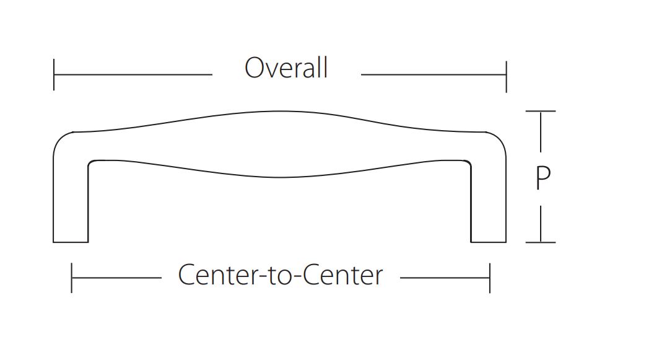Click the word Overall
click(x=286, y=68)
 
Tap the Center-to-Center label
click(x=281, y=275)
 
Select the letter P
click(x=543, y=179)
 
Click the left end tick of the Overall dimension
click(x=54, y=75)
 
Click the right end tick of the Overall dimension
click(x=506, y=75)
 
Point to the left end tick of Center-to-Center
click(x=72, y=278)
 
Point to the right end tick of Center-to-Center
click(x=490, y=278)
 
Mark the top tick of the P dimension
click(x=541, y=112)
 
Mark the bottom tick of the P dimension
click(x=541, y=242)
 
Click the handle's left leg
click(x=71, y=198)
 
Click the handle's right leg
click(x=489, y=198)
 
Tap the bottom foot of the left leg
click(x=71, y=241)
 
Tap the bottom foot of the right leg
click(x=489, y=241)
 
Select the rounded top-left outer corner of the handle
click(x=61, y=139)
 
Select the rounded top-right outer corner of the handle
click(x=499, y=139)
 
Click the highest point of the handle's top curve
click(x=280, y=112)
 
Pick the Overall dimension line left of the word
click(x=133, y=75)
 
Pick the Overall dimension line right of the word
click(x=434, y=75)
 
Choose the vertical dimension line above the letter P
click(x=541, y=131)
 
